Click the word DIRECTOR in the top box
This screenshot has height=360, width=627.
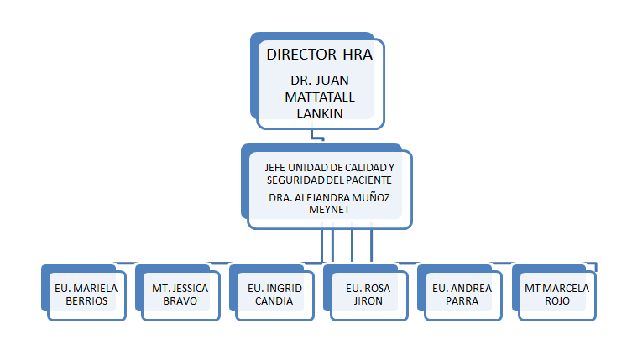pyautogui.click(x=301, y=55)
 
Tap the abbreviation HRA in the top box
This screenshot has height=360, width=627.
pyautogui.click(x=358, y=55)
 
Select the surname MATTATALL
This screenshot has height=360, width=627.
pyautogui.click(x=320, y=97)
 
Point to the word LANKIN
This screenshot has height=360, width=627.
pyautogui.click(x=320, y=114)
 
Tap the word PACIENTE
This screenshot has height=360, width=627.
pyautogui.click(x=368, y=180)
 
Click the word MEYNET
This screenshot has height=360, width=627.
pyautogui.click(x=329, y=210)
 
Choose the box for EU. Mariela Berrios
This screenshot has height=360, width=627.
pyautogui.click(x=84, y=292)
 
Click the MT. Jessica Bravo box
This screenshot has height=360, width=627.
pyautogui.click(x=178, y=292)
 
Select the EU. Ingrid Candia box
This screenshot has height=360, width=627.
pyautogui.click(x=272, y=292)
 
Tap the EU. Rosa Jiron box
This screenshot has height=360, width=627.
pyautogui.click(x=366, y=292)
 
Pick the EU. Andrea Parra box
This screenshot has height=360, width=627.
pyautogui.click(x=460, y=292)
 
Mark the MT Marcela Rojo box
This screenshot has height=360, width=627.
pyautogui.click(x=554, y=292)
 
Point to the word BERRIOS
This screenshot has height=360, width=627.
pyautogui.click(x=86, y=301)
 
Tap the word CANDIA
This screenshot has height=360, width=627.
pyautogui.click(x=274, y=301)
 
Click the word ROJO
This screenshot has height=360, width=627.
pyautogui.click(x=557, y=301)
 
